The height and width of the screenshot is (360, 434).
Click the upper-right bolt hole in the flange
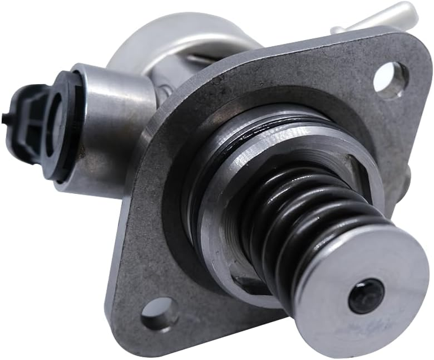tap(390, 80)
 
